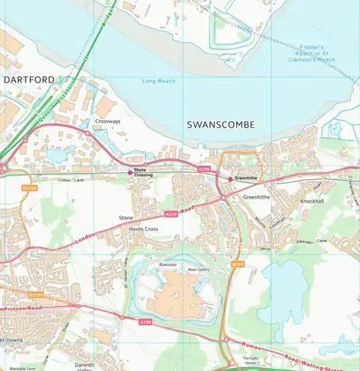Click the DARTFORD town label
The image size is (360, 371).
pyautogui.click(x=28, y=79)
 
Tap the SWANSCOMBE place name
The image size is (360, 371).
pyautogui.click(x=220, y=124)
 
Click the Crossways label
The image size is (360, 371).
pyautogui.click(x=107, y=120)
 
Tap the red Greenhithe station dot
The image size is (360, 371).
pyautogui.click(x=229, y=178)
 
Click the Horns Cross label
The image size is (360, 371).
pyautogui.click(x=144, y=228)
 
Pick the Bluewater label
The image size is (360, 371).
pyautogui.click(x=167, y=264)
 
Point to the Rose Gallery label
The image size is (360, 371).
pyautogui.click(x=197, y=268)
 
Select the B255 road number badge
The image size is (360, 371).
pyautogui.click(x=238, y=264)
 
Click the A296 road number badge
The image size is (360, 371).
pyautogui.click(x=145, y=321)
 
